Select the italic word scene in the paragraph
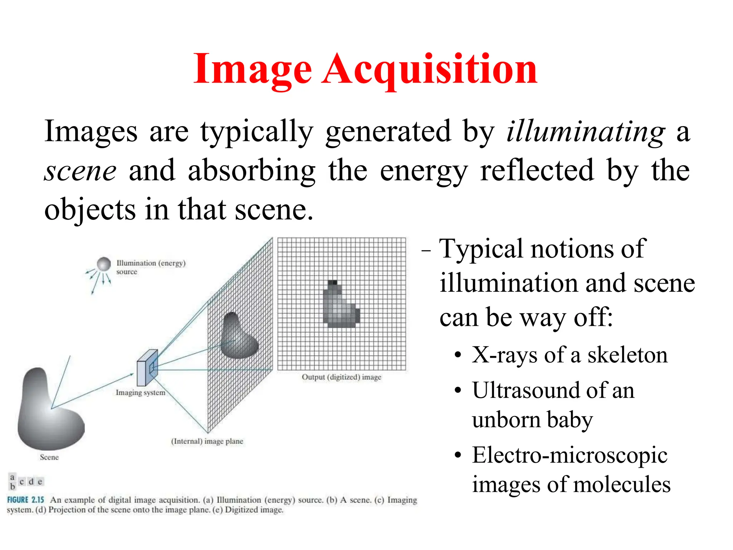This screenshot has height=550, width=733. click(80, 171)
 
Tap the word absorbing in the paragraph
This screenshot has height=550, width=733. click(252, 171)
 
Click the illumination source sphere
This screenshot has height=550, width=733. click(104, 264)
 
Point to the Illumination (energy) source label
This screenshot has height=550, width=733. click(151, 267)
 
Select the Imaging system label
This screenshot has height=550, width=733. click(140, 393)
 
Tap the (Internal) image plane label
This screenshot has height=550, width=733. click(207, 441)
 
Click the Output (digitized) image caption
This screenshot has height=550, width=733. click(341, 377)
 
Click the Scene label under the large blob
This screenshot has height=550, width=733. click(49, 457)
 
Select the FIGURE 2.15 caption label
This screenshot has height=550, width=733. click(25, 500)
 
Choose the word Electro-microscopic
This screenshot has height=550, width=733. click(569, 455)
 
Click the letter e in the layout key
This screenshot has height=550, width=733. click(40, 482)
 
